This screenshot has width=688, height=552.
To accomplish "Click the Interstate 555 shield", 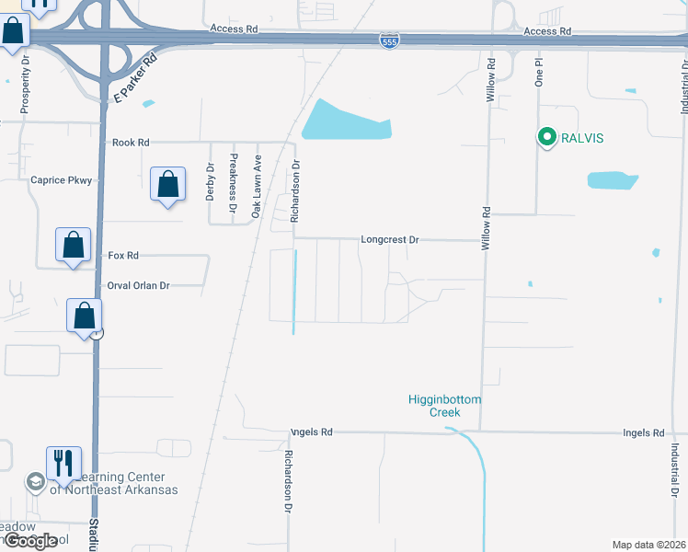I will (391, 41).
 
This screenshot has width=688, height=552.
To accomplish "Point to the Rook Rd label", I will (131, 143).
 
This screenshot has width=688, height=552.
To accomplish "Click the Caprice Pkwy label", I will (62, 180).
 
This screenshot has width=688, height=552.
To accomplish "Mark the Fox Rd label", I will (123, 255).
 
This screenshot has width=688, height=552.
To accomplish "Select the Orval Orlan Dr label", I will (139, 285).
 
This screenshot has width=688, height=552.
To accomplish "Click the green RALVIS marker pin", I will (546, 139).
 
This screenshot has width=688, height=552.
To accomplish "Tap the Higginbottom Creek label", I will (445, 406).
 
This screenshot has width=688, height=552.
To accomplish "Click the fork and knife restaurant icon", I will (63, 463).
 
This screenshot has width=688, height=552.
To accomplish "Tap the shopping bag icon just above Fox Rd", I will (74, 246).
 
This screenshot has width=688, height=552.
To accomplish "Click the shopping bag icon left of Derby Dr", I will (168, 185).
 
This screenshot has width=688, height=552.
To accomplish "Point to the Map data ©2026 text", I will (648, 545).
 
